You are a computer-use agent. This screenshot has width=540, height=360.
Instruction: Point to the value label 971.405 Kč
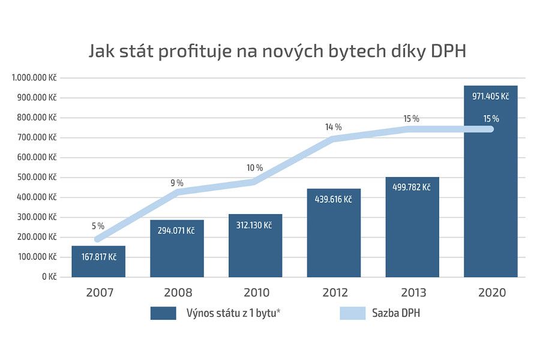pos(490,96)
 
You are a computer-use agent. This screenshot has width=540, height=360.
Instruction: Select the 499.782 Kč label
pos(412,187)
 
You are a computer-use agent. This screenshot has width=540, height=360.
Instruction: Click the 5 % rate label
pos(98,226)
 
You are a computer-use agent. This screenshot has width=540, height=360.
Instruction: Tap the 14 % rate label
pos(334,127)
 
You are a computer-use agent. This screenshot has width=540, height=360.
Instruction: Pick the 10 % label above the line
pos(255,167)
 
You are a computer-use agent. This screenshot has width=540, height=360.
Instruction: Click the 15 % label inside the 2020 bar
pos(491,118)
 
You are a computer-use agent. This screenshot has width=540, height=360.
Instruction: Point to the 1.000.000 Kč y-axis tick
pos(34,78)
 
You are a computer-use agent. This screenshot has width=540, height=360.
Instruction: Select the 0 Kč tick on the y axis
pos(49,277)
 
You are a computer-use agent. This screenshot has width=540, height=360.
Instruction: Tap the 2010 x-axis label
pos(255,293)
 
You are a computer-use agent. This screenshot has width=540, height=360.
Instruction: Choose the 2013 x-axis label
pos(412,293)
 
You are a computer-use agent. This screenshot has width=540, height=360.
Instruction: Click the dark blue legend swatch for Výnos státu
pos(163,313)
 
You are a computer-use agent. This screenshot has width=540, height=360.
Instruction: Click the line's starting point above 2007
pos(98,239)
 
